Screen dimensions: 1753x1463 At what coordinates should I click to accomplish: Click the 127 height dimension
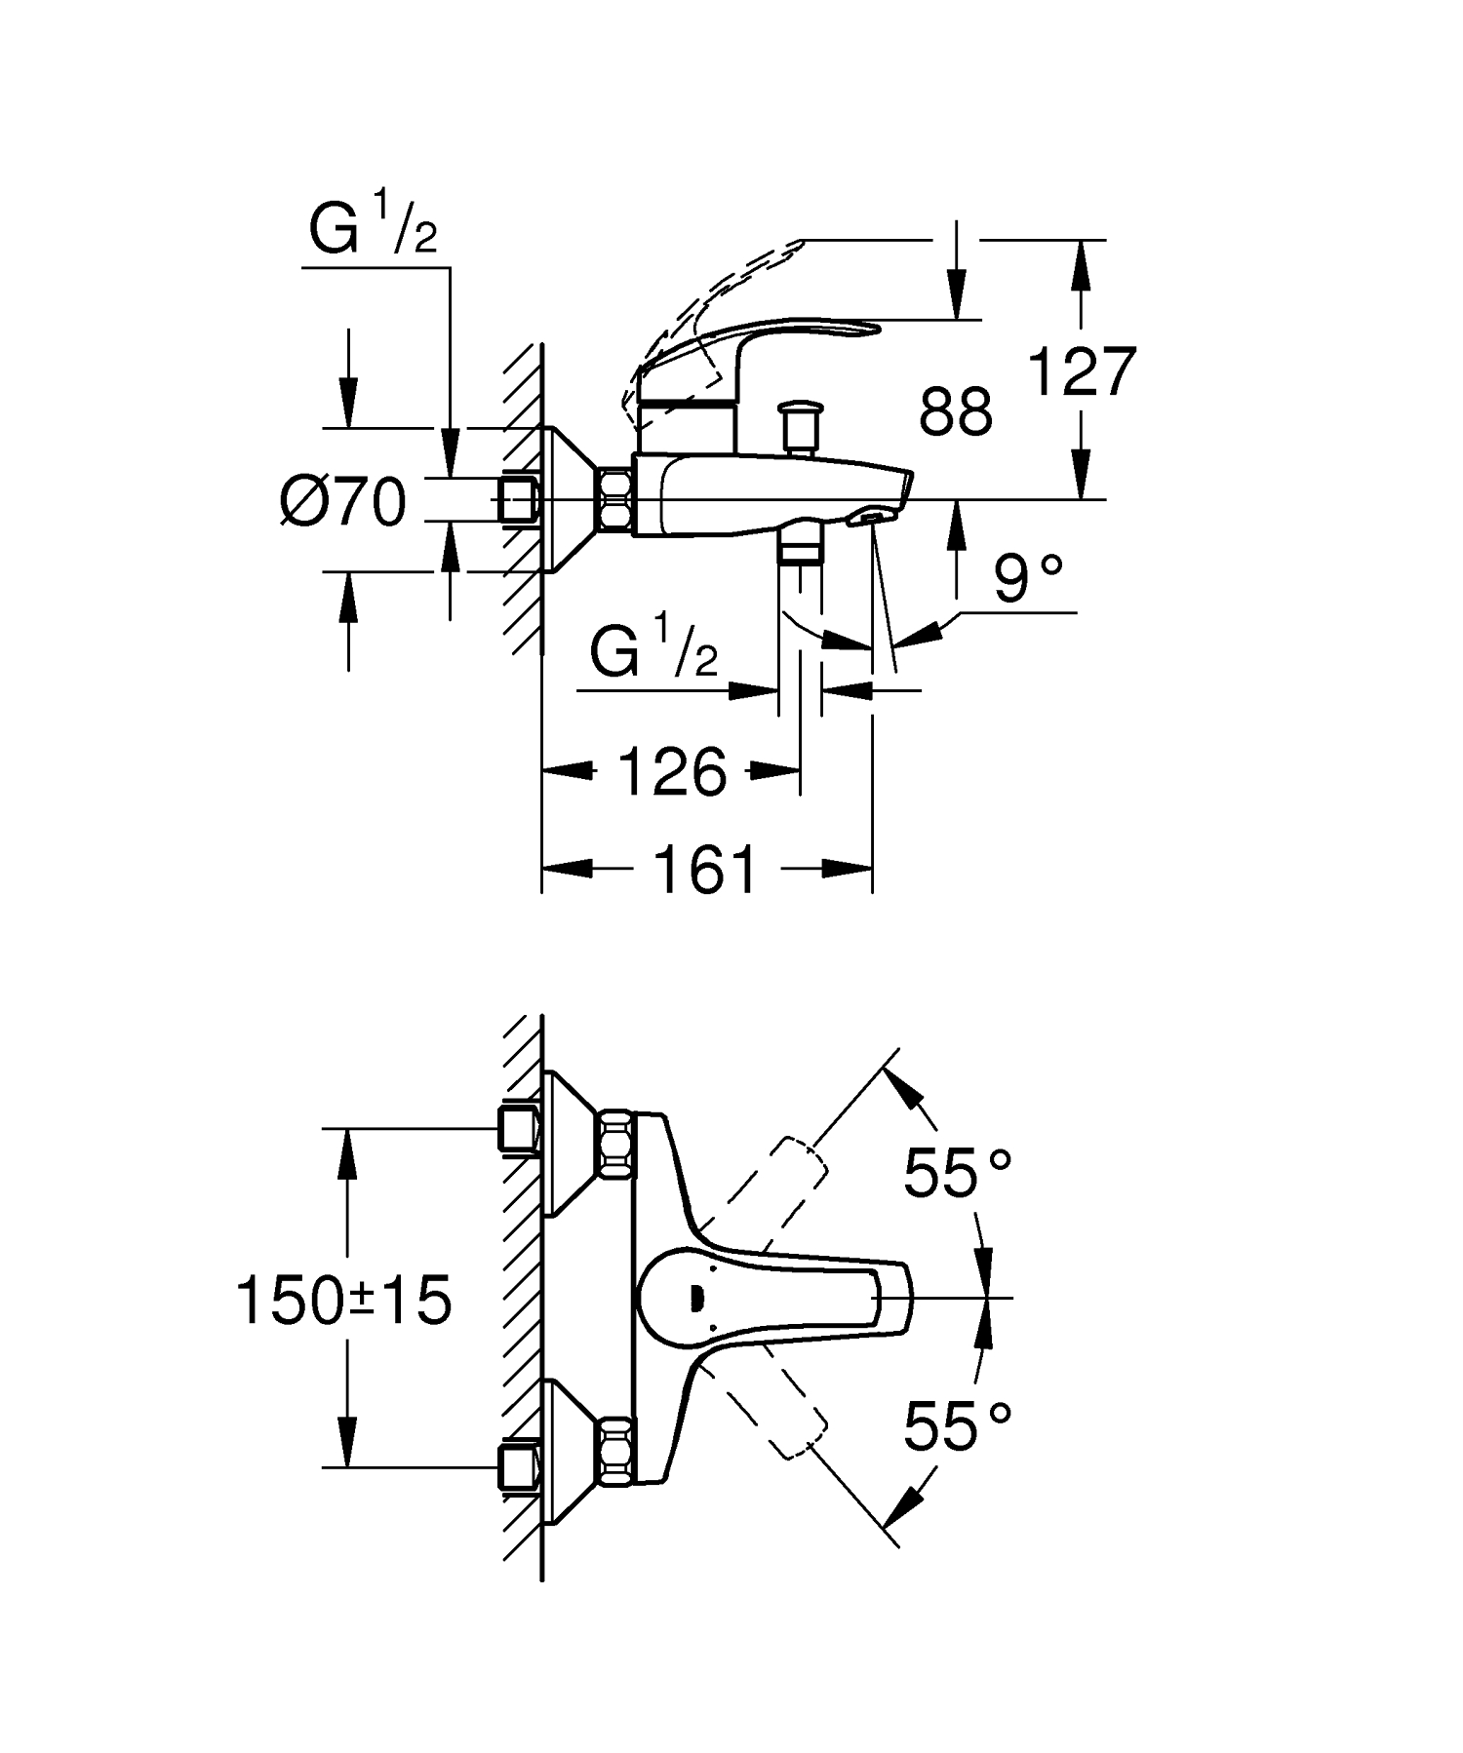coord(1083,372)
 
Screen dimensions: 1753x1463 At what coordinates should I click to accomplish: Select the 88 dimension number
coord(956,411)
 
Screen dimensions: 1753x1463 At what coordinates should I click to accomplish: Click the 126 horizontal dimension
coord(673,772)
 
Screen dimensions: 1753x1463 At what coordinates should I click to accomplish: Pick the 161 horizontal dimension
coord(705,870)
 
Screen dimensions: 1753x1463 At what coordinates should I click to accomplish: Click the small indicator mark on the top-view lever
coord(696,1298)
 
